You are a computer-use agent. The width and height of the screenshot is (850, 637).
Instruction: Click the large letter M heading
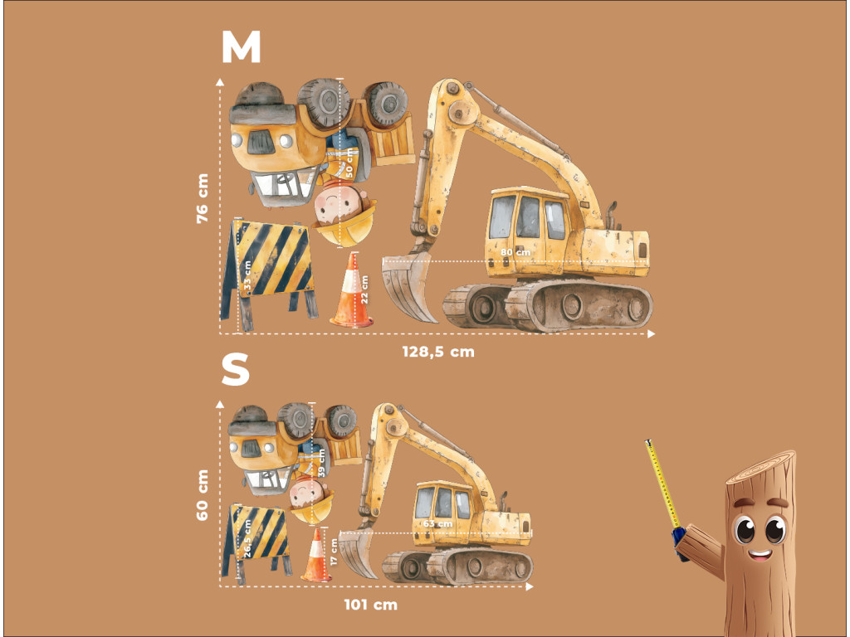[242, 47]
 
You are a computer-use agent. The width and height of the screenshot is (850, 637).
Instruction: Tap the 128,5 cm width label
[438, 352]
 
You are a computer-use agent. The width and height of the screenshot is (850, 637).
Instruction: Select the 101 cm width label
[371, 605]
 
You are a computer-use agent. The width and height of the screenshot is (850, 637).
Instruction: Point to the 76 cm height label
[203, 198]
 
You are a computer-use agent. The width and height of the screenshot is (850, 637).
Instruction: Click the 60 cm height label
[203, 495]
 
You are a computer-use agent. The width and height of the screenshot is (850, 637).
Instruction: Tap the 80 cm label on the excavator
[515, 252]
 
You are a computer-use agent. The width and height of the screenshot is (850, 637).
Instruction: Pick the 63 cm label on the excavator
[437, 524]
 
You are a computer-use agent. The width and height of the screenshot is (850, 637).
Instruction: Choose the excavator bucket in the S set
[357, 553]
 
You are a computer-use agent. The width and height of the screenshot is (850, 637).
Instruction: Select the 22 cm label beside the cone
[364, 289]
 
